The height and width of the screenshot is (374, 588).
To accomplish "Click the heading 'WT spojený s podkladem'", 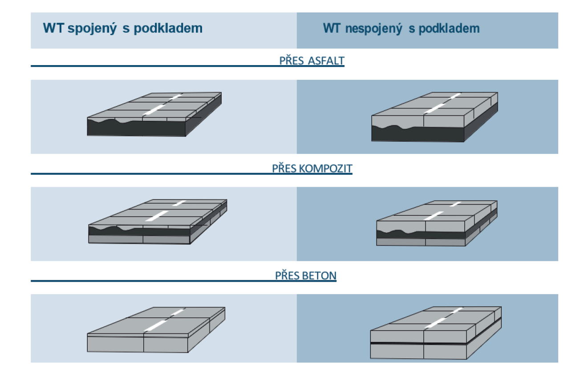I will pos(122,29).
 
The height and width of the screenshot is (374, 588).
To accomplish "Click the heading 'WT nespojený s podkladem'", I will pos(401,29).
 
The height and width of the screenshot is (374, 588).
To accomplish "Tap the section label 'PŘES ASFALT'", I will pos(312,61).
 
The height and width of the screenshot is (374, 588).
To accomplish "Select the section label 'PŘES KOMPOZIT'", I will pos(312,169).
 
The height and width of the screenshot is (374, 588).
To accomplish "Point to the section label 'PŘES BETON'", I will pos(305,276).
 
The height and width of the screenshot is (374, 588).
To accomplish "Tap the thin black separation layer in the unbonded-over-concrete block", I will pos(418,343).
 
